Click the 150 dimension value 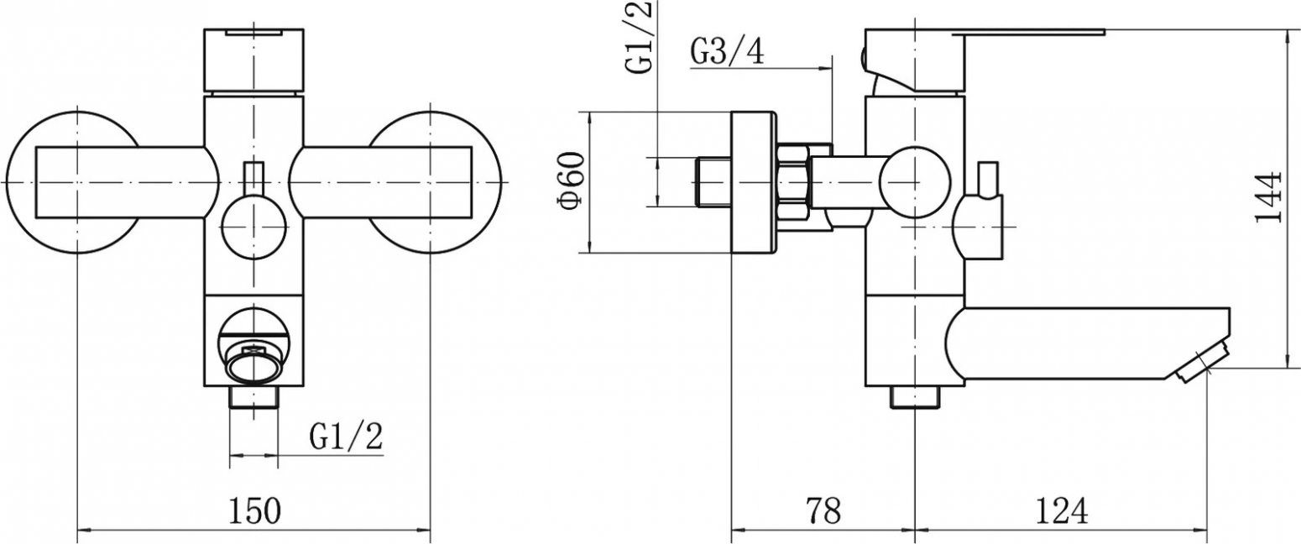pos(254,511)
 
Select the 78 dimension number pos(823,511)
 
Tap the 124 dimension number pos(1062,511)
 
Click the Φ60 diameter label pos(570,180)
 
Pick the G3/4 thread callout pos(727,52)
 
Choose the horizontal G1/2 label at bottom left pos(346,437)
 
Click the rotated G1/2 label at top pos(640,36)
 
